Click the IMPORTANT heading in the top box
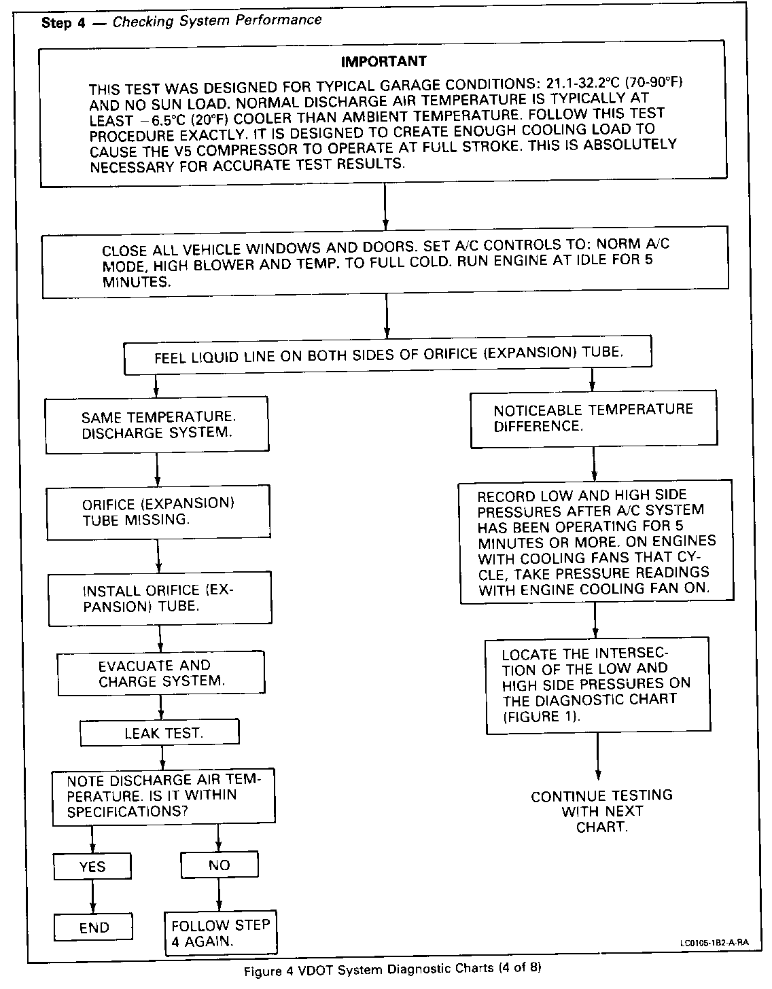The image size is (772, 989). pyautogui.click(x=383, y=61)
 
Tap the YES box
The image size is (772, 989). pyautogui.click(x=92, y=866)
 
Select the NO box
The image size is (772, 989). pyautogui.click(x=219, y=865)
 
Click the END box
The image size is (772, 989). pyautogui.click(x=94, y=927)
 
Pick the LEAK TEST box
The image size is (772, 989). pyautogui.click(x=160, y=733)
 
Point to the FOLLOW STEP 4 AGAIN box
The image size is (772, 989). pyautogui.click(x=221, y=933)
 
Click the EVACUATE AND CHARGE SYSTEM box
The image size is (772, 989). pyautogui.click(x=160, y=673)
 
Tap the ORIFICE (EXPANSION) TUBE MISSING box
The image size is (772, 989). pyautogui.click(x=158, y=511)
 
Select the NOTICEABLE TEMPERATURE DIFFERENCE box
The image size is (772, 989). pyautogui.click(x=593, y=418)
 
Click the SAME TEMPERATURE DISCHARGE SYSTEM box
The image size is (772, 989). pyautogui.click(x=157, y=425)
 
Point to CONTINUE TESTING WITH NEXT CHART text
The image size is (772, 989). pyautogui.click(x=601, y=811)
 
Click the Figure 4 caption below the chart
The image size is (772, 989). pyautogui.click(x=394, y=969)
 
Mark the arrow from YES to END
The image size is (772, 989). pyautogui.click(x=93, y=897)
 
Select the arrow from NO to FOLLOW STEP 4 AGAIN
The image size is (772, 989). pyautogui.click(x=219, y=895)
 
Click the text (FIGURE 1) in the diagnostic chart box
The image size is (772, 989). pyautogui.click(x=542, y=717)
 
